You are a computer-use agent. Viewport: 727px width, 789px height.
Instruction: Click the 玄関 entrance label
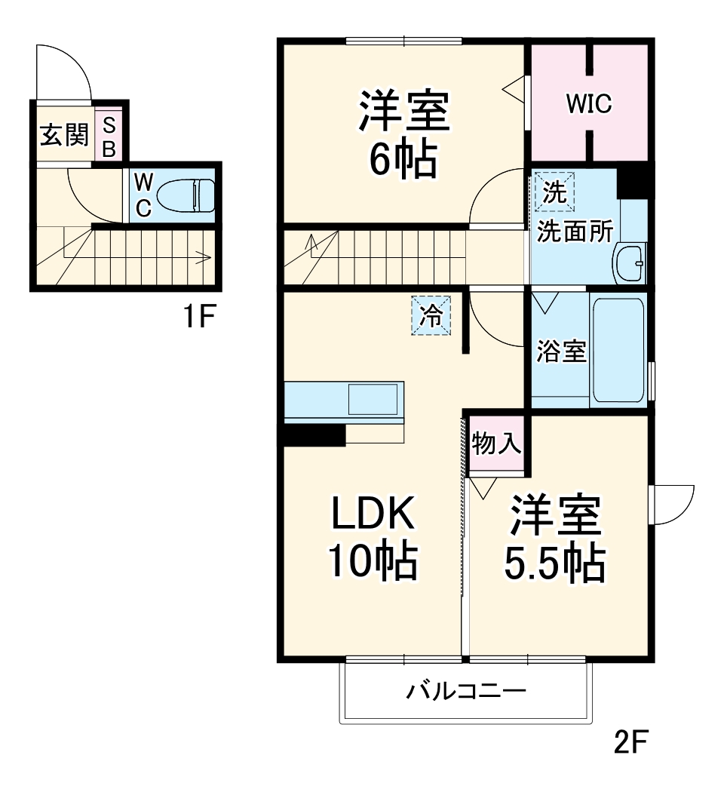tap(64, 137)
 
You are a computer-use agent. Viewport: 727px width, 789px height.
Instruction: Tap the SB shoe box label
tap(109, 137)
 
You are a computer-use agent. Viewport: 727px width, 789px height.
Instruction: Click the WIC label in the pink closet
tap(589, 105)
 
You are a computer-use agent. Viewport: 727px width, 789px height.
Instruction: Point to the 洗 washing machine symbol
tap(554, 192)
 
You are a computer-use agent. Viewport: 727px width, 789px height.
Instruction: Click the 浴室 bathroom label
tap(561, 352)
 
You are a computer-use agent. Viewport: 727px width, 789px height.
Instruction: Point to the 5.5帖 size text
tap(554, 562)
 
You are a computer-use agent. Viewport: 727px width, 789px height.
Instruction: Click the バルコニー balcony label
tap(465, 690)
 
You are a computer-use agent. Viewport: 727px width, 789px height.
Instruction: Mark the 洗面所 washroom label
tap(575, 232)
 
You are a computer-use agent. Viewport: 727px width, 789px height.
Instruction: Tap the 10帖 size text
tap(372, 562)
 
